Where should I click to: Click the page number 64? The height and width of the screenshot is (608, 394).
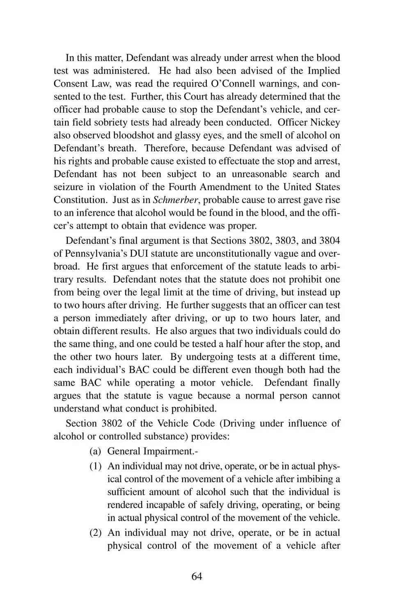pyautogui.click(x=197, y=576)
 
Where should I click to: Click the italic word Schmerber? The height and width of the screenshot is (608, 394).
pyautogui.click(x=171, y=200)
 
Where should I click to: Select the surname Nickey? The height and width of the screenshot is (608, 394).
pyautogui.click(x=325, y=123)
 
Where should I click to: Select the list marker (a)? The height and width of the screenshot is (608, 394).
pyautogui.click(x=96, y=451)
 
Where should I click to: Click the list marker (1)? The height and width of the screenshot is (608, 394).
pyautogui.click(x=96, y=466)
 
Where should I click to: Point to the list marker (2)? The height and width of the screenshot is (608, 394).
pyautogui.click(x=96, y=533)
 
